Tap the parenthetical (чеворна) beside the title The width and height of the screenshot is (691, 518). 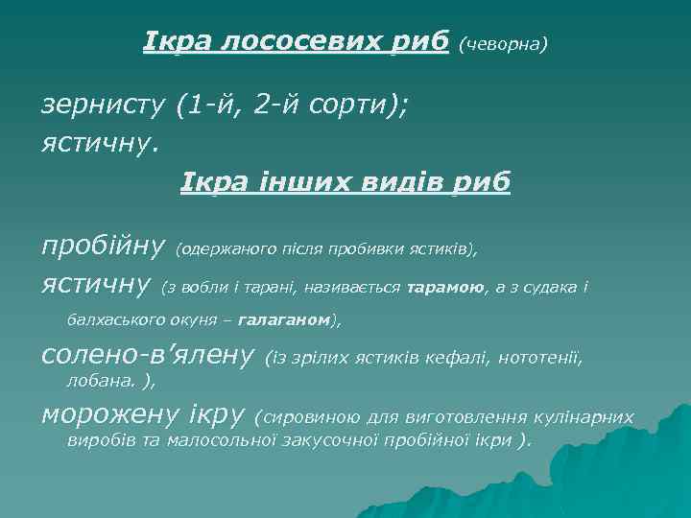(504, 44)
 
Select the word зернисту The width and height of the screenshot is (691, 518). (104, 106)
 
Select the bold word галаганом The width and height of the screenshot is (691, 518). (281, 319)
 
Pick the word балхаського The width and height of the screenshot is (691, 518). (115, 319)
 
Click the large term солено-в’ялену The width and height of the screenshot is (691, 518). (147, 357)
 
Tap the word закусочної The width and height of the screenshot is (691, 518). (332, 440)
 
